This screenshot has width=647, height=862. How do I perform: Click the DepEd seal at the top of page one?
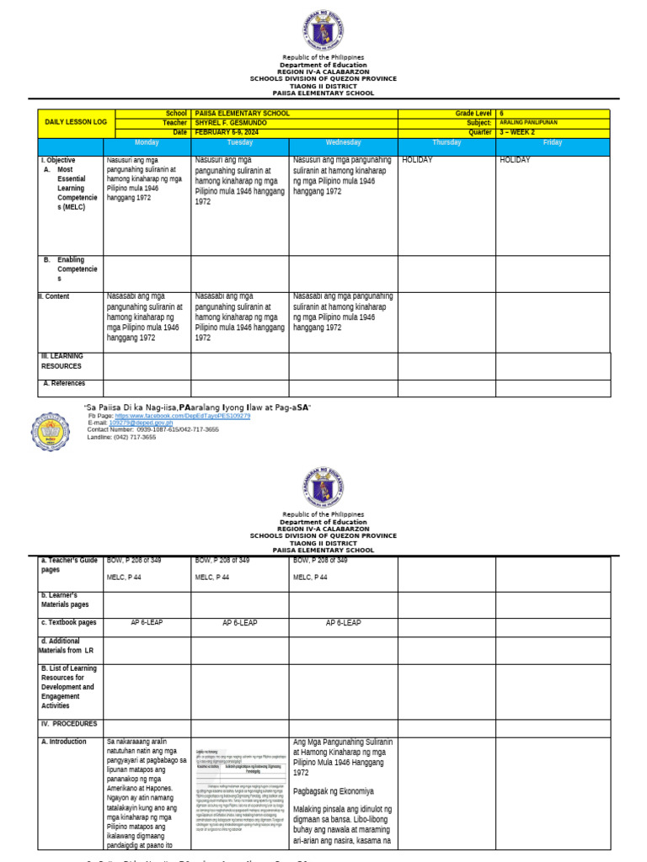pyautogui.click(x=323, y=29)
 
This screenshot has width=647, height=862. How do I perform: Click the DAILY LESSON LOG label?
pyautogui.click(x=76, y=122)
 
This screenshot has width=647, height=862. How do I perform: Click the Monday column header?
pyautogui.click(x=147, y=143)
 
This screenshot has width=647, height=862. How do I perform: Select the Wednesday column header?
pyautogui.click(x=343, y=143)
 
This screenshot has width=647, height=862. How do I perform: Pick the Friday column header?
pyautogui.click(x=553, y=143)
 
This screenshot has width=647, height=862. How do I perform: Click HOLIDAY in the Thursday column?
pyautogui.click(x=418, y=160)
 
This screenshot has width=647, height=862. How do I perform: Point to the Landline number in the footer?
pyautogui.click(x=121, y=437)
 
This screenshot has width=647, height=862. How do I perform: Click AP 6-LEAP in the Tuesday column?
pyautogui.click(x=239, y=623)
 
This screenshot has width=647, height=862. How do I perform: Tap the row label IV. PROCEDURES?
pyautogui.click(x=69, y=724)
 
